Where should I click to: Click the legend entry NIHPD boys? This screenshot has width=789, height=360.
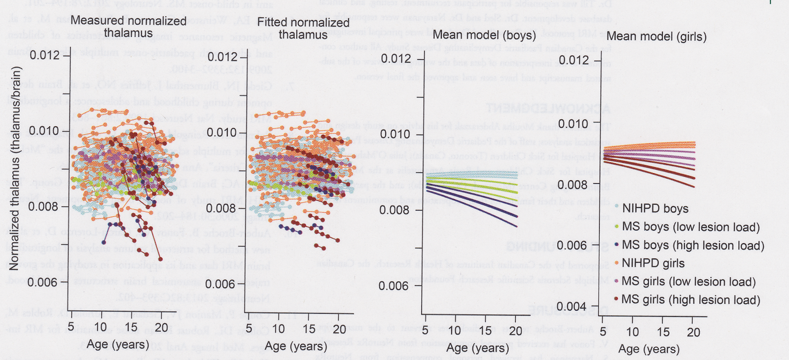[655, 209]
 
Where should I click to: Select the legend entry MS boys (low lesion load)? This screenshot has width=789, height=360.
[690, 227]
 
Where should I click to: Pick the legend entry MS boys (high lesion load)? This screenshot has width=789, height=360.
[693, 245]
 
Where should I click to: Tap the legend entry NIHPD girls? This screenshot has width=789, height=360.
[653, 263]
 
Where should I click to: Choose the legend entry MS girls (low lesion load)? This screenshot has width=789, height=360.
[688, 282]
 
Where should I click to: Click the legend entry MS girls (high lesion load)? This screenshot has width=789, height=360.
[690, 300]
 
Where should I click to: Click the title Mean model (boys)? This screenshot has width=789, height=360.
[484, 35]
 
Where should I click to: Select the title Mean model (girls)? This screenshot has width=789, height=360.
[656, 36]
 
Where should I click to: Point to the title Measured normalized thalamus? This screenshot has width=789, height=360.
[128, 27]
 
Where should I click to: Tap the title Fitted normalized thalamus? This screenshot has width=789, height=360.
[303, 29]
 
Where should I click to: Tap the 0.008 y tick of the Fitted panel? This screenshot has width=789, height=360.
[221, 208]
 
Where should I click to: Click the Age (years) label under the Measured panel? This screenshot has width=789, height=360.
[118, 344]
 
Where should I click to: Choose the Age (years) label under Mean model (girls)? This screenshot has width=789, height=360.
[649, 349]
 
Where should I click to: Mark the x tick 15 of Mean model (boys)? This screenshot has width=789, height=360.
[486, 331]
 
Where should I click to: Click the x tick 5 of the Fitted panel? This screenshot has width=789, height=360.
[249, 328]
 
